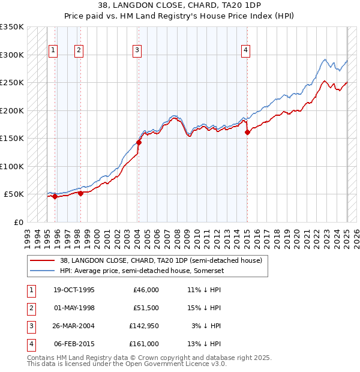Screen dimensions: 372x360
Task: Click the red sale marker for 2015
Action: point(247,133)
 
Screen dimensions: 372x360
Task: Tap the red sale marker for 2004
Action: point(139,143)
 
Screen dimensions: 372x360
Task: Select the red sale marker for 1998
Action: point(80,194)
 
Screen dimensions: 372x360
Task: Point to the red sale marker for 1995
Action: point(55,196)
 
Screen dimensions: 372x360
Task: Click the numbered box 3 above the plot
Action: point(137,50)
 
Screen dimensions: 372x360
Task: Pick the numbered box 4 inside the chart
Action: point(246,50)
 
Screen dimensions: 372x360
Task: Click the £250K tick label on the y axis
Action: point(13,83)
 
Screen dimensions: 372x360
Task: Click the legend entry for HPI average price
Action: point(141,271)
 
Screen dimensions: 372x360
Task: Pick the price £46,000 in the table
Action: point(146,289)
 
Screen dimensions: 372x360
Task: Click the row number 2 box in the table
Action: point(31,307)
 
